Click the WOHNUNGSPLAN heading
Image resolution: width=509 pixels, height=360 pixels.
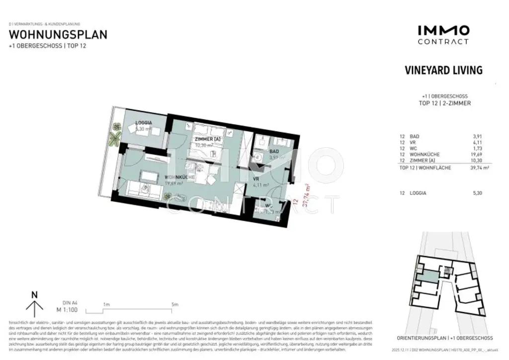58,35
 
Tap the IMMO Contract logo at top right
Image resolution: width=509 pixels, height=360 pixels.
443,35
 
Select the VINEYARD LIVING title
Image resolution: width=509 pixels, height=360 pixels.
443,70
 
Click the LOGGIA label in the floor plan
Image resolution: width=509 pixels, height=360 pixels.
144,123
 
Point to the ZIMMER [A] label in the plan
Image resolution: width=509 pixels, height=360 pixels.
207,139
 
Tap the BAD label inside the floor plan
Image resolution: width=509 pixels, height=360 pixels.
274,151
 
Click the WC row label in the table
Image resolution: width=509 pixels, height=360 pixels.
415,148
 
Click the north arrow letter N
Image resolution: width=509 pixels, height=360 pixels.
34,294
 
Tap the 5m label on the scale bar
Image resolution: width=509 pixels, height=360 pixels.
174,304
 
